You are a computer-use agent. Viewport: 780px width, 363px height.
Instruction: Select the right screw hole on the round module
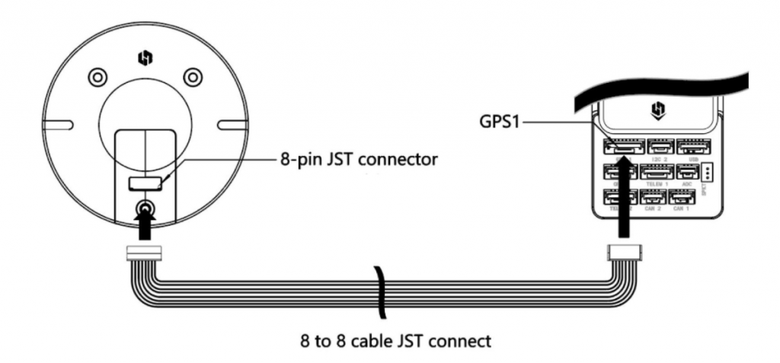point(193,77)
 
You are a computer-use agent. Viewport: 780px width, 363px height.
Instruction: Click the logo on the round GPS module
point(145,56)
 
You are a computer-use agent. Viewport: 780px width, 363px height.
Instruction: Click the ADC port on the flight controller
point(687,173)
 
